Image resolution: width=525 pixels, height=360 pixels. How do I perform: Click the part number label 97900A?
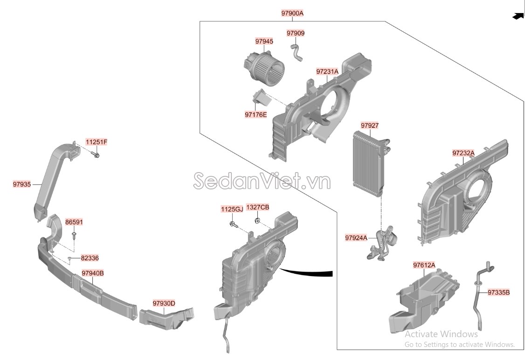pyautogui.click(x=292, y=14)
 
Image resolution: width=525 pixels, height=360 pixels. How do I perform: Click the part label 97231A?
pyautogui.click(x=327, y=72)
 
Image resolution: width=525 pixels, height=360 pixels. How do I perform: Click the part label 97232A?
pyautogui.click(x=463, y=153)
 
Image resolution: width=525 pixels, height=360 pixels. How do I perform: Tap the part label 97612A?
pyautogui.click(x=424, y=265)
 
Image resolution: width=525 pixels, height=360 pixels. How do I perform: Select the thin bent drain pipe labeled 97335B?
pyautogui.click(x=478, y=294)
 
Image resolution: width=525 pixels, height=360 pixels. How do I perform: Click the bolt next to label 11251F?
pyautogui.click(x=96, y=154)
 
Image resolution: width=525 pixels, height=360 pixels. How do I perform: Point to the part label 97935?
pyautogui.click(x=22, y=185)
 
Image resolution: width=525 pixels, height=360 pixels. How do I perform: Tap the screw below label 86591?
pyautogui.click(x=74, y=235)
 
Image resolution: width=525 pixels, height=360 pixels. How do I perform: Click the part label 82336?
pyautogui.click(x=90, y=258)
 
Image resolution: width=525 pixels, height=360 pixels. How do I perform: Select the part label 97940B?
pyautogui.click(x=92, y=273)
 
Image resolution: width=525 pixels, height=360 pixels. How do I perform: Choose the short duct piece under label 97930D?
pyautogui.click(x=166, y=317)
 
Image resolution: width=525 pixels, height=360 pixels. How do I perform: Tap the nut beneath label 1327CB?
pyautogui.click(x=257, y=220)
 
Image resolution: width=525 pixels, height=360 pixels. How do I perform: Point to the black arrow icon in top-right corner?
pyautogui.click(x=517, y=16)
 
